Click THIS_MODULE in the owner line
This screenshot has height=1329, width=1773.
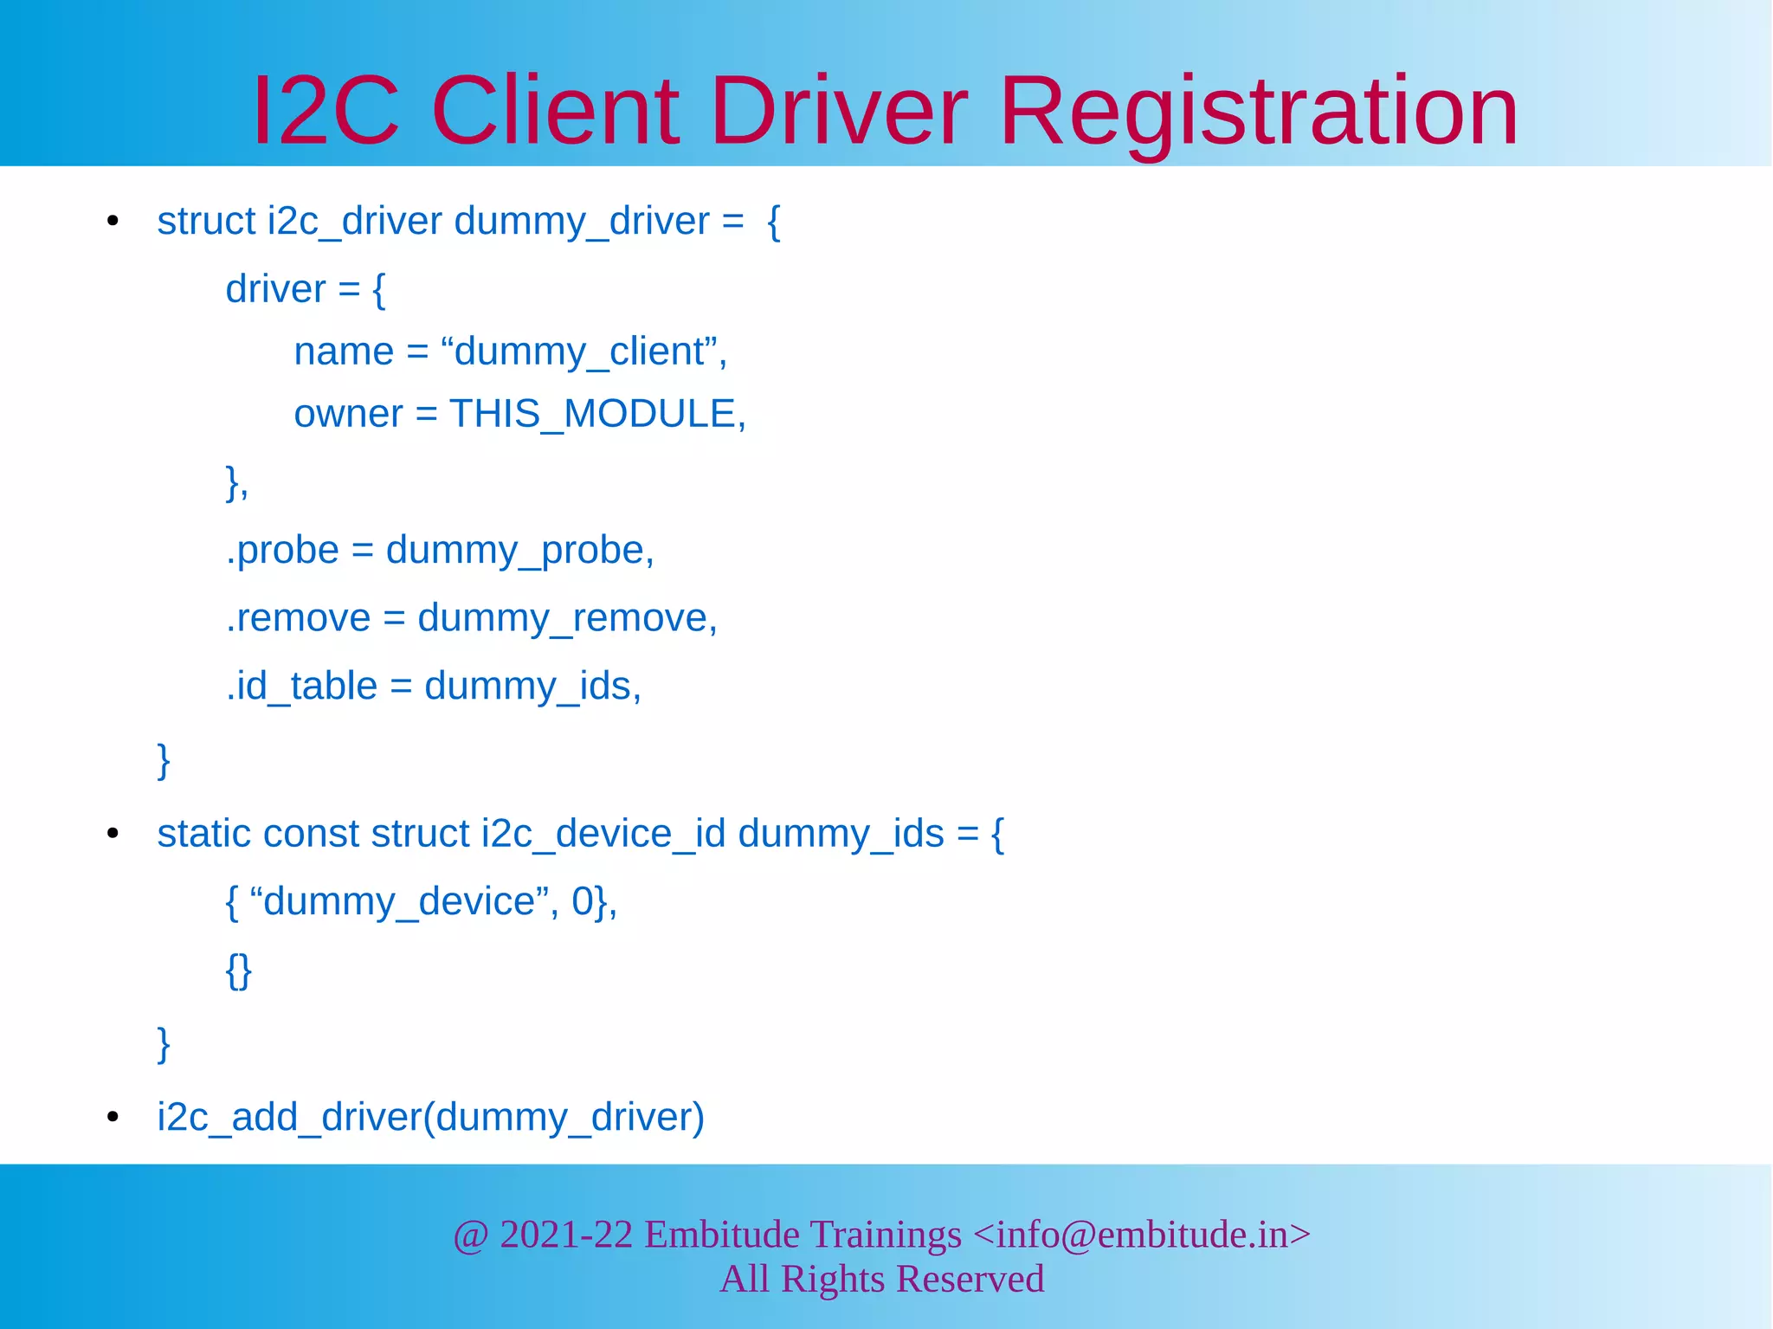coord(593,414)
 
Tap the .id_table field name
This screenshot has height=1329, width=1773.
coord(301,687)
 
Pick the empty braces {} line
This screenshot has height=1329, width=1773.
coord(238,970)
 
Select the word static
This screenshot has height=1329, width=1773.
coord(204,834)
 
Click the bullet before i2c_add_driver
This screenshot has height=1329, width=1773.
coord(113,1118)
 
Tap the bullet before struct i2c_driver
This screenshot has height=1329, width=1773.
coord(113,223)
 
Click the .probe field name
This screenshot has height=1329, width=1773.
coord(282,551)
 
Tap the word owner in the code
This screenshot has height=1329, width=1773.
coord(348,414)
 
